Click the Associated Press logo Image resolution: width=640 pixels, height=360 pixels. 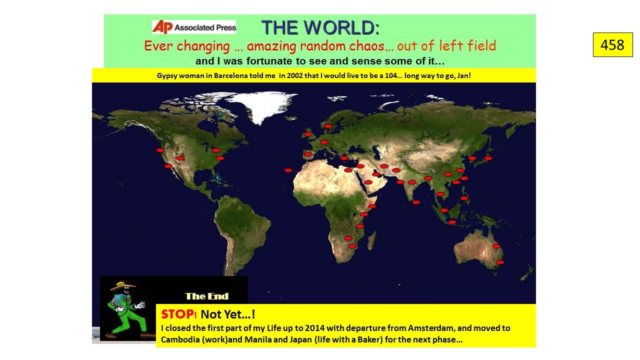coord(194,27)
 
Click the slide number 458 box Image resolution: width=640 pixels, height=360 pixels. coord(613,45)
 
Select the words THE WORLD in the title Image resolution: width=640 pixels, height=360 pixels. coord(320,27)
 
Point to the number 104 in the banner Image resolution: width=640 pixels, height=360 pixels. coord(390,75)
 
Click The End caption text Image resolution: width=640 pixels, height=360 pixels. coord(206,296)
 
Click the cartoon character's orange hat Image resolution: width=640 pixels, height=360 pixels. coord(123,285)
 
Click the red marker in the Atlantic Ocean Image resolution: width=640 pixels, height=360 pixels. coord(288,170)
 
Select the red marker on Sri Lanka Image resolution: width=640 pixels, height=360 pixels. coord(416,202)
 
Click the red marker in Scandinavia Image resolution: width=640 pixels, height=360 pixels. coord(328,126)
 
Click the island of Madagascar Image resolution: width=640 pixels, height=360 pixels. coord(371,240)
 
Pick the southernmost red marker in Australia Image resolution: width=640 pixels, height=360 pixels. coord(500,262)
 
